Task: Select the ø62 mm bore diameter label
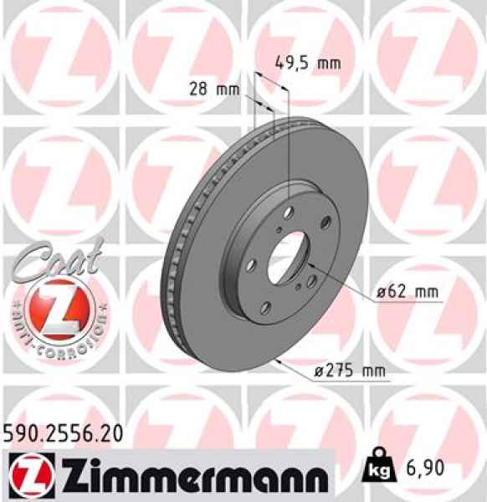[x=408, y=292]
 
